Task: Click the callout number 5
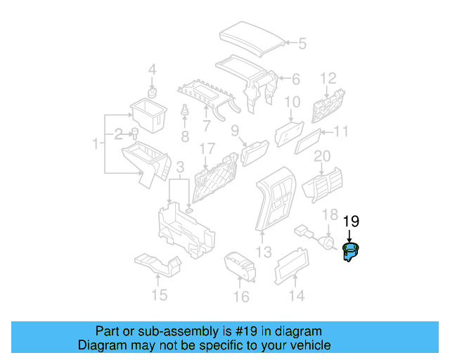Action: pyautogui.click(x=302, y=44)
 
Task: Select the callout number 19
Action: pyautogui.click(x=351, y=221)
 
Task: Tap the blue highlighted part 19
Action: pyautogui.click(x=349, y=251)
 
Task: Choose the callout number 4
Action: pyautogui.click(x=153, y=70)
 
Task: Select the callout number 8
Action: pyautogui.click(x=185, y=135)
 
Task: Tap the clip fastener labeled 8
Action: pyautogui.click(x=185, y=112)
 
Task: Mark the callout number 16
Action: pyautogui.click(x=241, y=297)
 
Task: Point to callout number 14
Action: pyautogui.click(x=297, y=296)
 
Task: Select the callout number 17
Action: pyautogui.click(x=206, y=149)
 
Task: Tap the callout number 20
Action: pyautogui.click(x=322, y=155)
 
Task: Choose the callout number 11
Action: pyautogui.click(x=341, y=131)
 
